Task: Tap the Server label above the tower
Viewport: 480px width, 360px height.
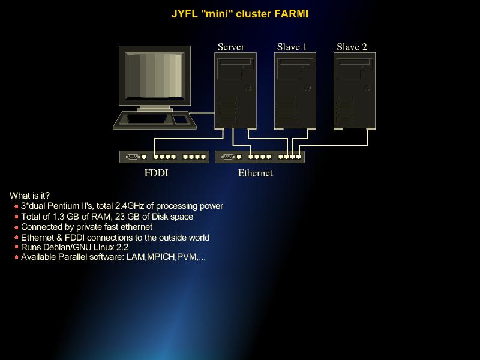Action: pos(231,47)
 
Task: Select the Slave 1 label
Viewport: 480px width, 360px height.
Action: pos(292,47)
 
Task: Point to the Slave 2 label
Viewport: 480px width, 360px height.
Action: pos(352,47)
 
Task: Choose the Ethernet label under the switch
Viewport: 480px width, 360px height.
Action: pos(255,173)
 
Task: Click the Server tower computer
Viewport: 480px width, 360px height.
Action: pos(235,90)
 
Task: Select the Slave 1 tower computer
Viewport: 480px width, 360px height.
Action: pos(295,90)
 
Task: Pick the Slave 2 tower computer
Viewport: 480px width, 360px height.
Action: pos(355,90)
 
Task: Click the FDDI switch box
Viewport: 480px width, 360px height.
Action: pos(164,157)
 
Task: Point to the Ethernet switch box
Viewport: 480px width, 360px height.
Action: pos(259,157)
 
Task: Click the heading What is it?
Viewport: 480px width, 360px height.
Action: pos(30,196)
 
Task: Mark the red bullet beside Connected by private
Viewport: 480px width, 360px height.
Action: pos(16,227)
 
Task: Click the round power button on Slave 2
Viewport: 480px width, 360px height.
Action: pos(367,88)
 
